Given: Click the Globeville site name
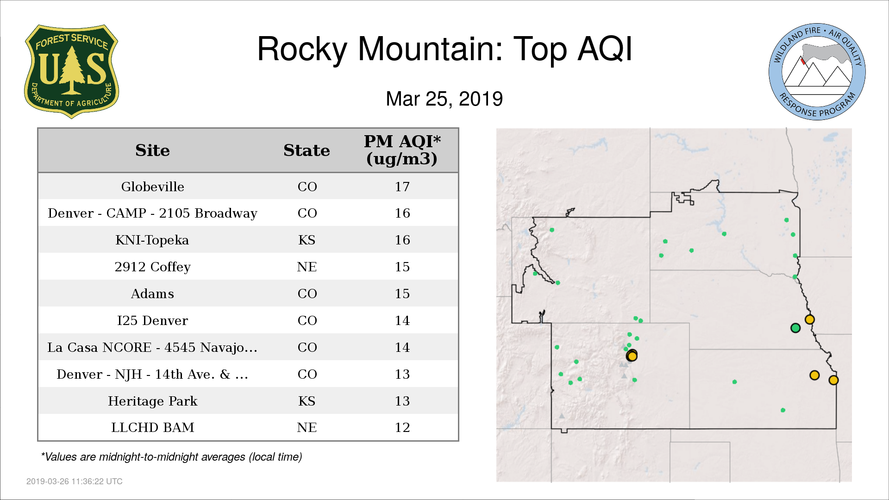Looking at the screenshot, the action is coord(152,187).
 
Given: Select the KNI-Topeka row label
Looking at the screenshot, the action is coord(152,240).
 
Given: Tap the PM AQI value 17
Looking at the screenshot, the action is coord(402,187).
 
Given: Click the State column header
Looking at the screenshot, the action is coord(307,150).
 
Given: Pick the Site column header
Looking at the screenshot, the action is coord(152,150).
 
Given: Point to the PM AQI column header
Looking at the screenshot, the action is coord(402,150).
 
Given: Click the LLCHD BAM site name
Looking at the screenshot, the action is coord(152,427).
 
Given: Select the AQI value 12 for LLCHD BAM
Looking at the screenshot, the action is coord(402,427).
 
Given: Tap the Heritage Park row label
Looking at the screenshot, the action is coord(152,401).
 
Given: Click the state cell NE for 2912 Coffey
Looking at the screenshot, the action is coord(307,267).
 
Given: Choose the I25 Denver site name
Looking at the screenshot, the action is coord(152,320).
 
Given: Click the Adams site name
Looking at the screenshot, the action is coord(152,294).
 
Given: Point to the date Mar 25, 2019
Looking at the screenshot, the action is coord(444,99).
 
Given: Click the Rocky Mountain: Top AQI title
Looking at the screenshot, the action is coord(444,49).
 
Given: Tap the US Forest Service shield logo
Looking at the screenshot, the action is coord(71,71).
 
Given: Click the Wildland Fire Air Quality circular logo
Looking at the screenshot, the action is coord(817,72).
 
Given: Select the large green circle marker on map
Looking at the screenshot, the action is coord(795,328).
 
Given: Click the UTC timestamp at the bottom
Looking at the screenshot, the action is coord(74,481).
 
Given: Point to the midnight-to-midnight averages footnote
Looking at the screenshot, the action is coord(171,457).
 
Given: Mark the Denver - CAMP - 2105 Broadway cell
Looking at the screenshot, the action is coord(152,213).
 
